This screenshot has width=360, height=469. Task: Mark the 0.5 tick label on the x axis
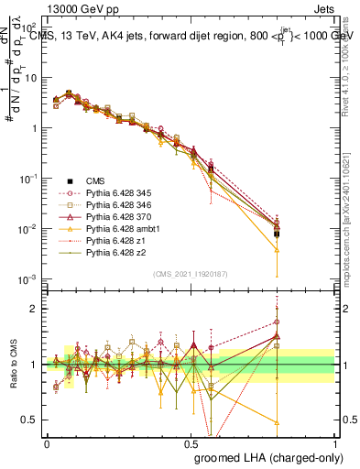click(191, 443)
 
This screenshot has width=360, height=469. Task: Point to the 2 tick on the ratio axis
click(38, 309)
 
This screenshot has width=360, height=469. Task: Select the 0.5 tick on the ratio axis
click(33, 420)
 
